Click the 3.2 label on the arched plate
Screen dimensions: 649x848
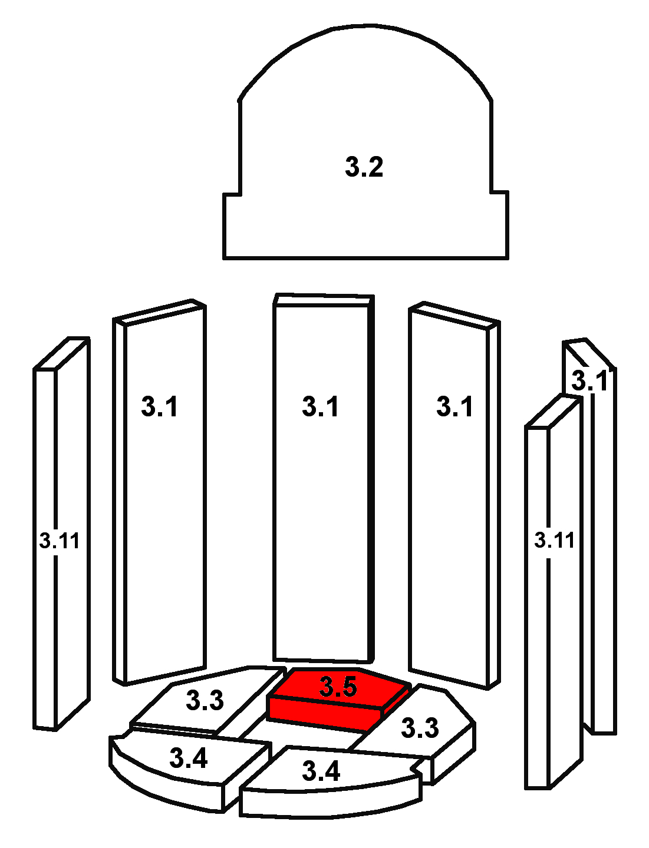click(364, 167)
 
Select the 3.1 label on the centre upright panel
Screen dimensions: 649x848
click(320, 406)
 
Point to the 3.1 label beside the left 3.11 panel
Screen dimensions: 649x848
click(159, 406)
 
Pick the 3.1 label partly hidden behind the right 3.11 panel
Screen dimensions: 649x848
click(589, 380)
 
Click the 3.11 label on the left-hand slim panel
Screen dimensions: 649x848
click(59, 540)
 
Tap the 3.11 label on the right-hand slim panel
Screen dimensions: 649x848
click(554, 539)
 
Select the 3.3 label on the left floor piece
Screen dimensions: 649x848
click(205, 700)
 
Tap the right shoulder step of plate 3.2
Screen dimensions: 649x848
click(499, 192)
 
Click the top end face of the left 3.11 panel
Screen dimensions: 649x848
click(61, 353)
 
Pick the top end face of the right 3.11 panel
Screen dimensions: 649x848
click(552, 412)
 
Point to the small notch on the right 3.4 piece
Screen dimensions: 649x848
click(417, 769)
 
